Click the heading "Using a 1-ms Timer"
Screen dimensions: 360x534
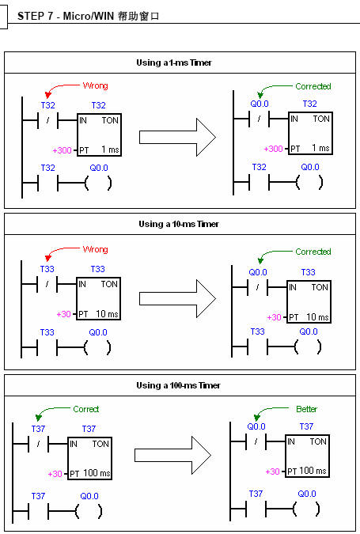click(174, 62)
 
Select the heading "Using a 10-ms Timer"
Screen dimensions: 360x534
click(179, 224)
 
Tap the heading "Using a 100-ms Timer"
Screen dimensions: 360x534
click(179, 385)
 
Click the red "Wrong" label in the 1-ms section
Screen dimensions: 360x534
click(96, 85)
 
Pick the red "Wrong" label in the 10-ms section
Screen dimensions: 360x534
click(96, 249)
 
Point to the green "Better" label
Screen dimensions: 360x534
click(306, 409)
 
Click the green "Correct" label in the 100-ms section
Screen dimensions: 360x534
click(86, 409)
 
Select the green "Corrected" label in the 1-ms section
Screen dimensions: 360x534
click(313, 86)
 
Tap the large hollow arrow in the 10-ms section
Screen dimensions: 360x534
click(177, 299)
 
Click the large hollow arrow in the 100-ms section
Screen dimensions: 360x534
click(172, 456)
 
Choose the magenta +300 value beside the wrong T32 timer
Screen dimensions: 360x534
click(62, 150)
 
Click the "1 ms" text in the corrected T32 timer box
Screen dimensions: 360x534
click(320, 148)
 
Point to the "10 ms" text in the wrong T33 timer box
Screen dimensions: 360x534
click(107, 313)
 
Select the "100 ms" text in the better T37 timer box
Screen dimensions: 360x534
click(313, 471)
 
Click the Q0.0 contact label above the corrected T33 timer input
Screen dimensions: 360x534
click(258, 272)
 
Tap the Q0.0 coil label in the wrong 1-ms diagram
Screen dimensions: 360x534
click(99, 168)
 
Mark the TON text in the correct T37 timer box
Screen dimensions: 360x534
click(100, 444)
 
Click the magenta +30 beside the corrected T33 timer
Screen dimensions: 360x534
click(275, 317)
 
